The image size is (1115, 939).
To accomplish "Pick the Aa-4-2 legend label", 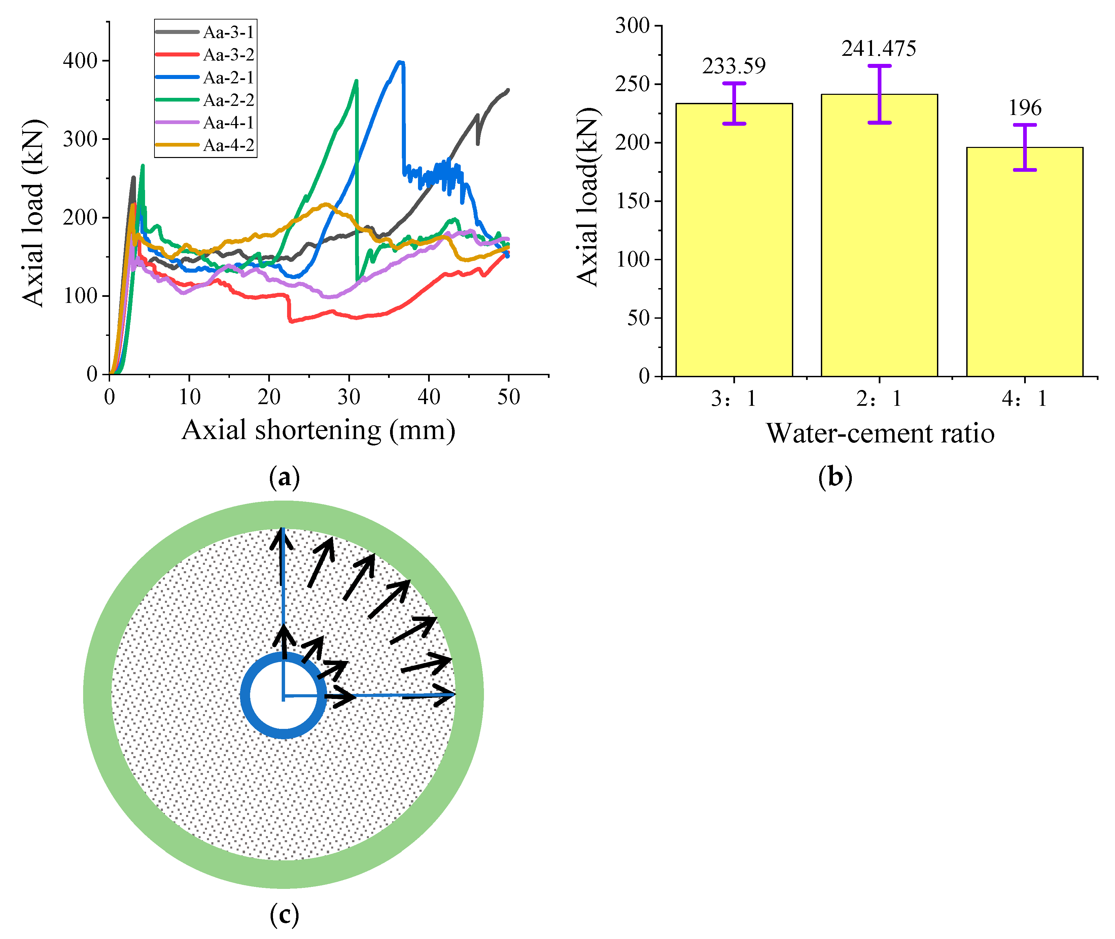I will click(228, 145).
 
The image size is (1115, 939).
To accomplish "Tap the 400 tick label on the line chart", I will click(80, 61).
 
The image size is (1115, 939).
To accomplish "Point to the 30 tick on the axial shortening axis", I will click(349, 397).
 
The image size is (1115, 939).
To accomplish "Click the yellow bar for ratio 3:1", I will click(734, 239).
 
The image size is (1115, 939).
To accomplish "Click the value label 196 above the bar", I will click(1024, 108).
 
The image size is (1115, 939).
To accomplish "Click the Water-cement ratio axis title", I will click(880, 433).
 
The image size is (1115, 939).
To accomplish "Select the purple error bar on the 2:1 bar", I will click(879, 94).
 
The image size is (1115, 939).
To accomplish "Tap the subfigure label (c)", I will click(284, 915).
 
